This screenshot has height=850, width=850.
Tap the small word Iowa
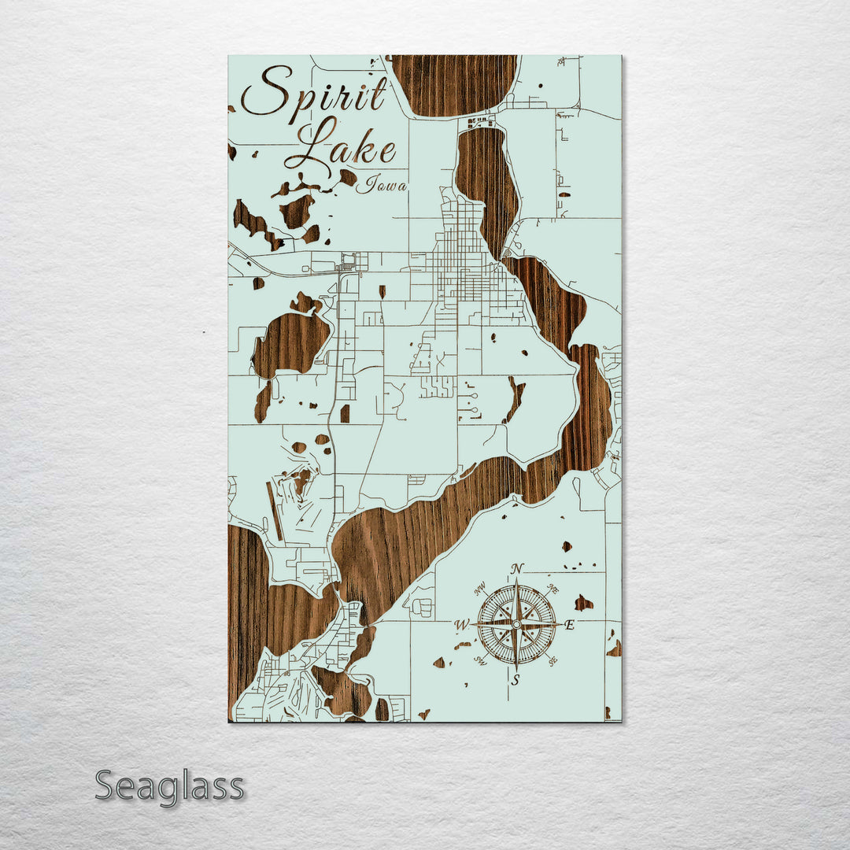[382, 187]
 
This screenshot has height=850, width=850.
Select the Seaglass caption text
[169, 786]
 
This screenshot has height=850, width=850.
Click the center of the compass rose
[516, 624]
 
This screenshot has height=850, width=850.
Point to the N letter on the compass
[517, 568]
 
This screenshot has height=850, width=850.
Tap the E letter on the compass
[570, 625]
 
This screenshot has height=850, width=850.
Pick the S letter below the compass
[516, 681]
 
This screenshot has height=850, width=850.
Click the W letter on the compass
[462, 625]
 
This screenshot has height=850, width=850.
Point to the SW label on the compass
[481, 660]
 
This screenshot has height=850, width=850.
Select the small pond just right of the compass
[583, 603]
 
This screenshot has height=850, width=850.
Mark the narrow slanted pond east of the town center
[516, 397]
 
